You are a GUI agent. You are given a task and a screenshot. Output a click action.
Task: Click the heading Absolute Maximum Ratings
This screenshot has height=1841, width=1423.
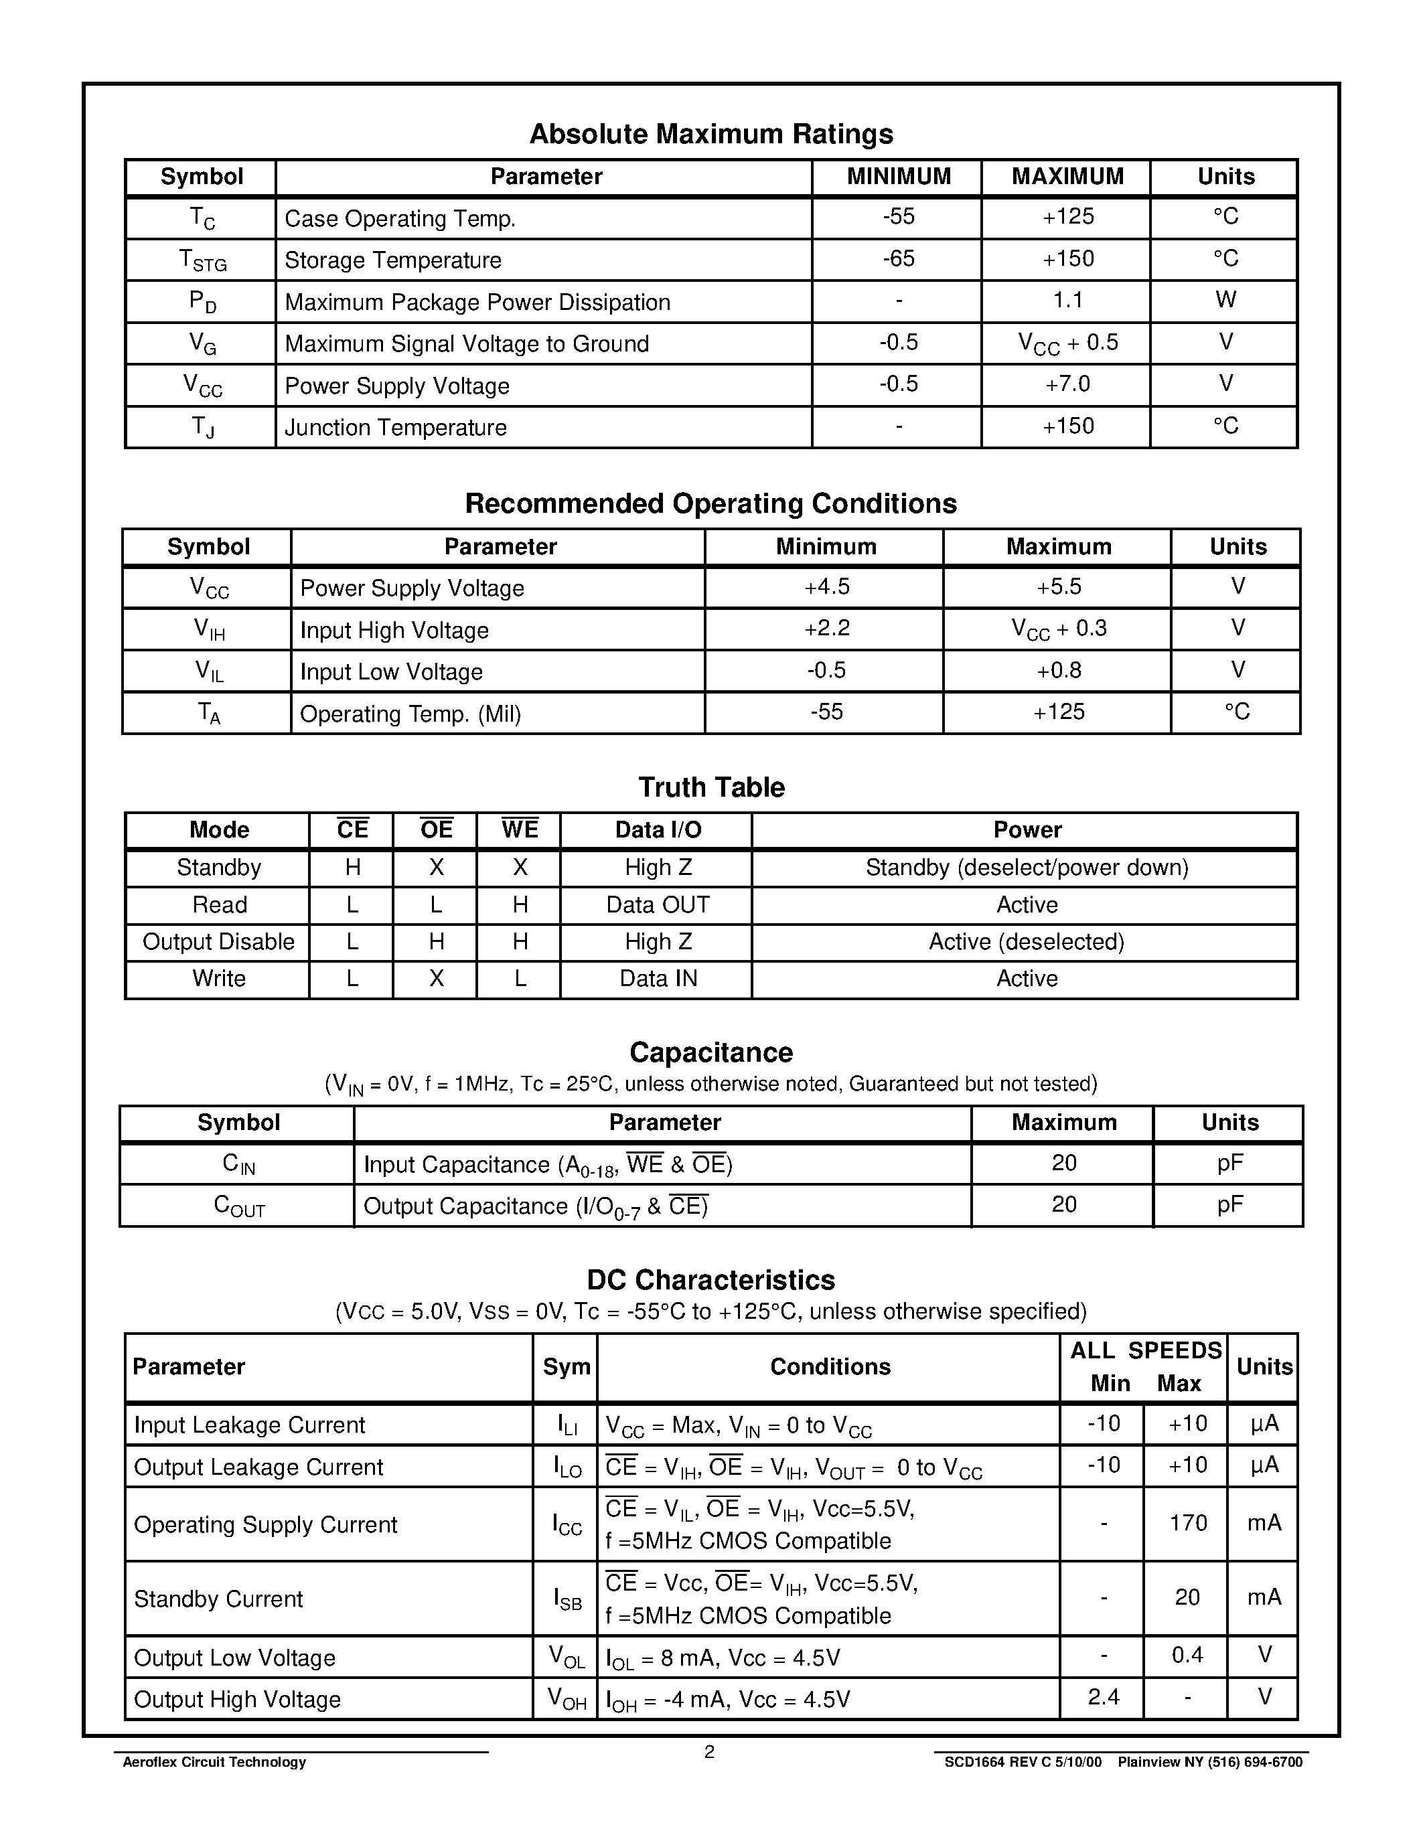tap(710, 134)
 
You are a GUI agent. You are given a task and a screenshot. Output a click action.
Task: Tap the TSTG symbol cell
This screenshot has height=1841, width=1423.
tap(202, 260)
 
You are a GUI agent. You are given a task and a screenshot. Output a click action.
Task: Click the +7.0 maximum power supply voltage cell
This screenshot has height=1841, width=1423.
tap(1067, 384)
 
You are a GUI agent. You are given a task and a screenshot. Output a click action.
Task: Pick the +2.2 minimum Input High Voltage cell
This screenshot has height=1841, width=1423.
tap(826, 629)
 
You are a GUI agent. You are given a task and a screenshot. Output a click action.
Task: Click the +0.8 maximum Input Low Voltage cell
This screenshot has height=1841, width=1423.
tap(1058, 670)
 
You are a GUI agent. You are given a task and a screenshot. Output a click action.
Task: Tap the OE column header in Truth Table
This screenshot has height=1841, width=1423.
tap(436, 829)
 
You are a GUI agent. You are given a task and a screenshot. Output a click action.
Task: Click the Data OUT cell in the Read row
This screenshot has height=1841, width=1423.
tap(658, 904)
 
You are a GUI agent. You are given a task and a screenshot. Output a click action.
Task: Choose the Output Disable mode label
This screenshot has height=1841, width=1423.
tap(218, 941)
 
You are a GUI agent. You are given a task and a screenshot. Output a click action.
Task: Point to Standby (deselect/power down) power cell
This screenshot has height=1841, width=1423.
tap(1026, 868)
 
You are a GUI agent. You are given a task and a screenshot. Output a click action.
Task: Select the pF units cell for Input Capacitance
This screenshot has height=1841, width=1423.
tap(1229, 1164)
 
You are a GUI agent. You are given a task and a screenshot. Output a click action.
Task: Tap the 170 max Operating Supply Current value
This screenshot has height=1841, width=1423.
tap(1188, 1522)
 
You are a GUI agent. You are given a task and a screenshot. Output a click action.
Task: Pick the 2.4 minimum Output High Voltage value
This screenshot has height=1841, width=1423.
tap(1103, 1696)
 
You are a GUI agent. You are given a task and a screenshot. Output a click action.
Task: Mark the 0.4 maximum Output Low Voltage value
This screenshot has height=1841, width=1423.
tap(1187, 1655)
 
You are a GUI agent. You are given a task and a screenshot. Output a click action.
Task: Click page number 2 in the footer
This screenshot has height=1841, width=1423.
tap(709, 1752)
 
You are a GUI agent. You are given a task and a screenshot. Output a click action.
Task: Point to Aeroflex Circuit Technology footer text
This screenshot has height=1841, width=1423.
tap(214, 1762)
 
